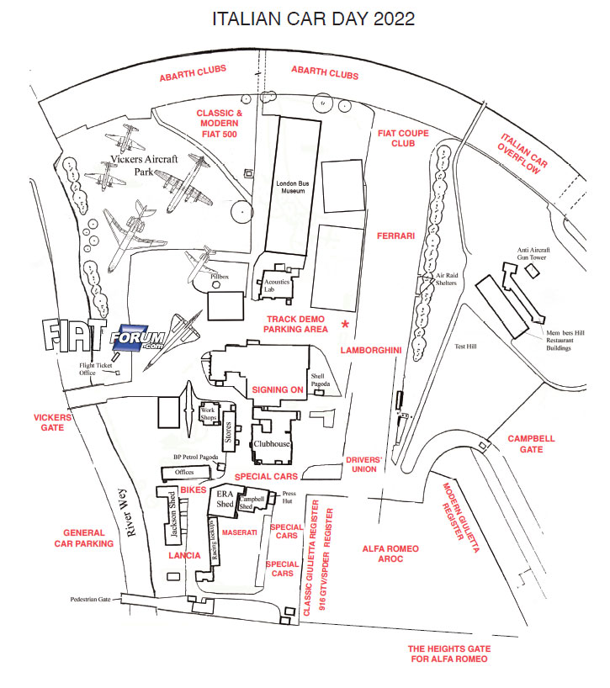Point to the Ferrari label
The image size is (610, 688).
(396, 236)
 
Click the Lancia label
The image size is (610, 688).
(184, 556)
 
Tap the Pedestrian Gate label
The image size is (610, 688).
(91, 600)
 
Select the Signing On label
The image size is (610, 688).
(278, 390)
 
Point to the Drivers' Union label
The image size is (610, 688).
(365, 463)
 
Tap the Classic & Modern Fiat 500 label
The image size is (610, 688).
(220, 124)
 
